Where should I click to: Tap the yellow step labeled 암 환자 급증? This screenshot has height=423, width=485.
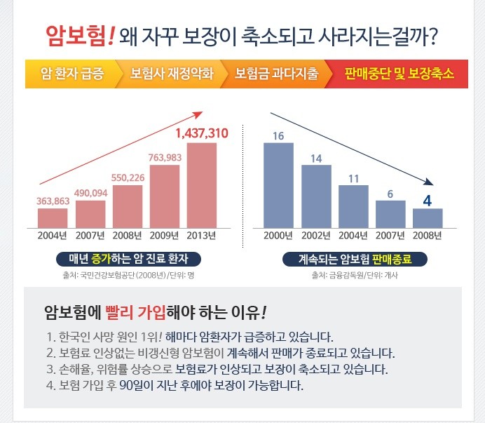[x=72, y=74]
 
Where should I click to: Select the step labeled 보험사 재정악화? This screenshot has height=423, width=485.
[x=171, y=74]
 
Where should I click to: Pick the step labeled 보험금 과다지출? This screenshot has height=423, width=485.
[x=276, y=74]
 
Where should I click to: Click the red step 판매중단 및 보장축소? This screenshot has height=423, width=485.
[x=399, y=74]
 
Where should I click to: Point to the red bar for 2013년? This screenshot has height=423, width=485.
[x=202, y=185]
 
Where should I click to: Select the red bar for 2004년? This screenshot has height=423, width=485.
[x=53, y=217]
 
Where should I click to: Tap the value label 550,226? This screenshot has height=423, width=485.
[x=128, y=177]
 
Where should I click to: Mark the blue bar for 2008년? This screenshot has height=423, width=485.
[x=428, y=218]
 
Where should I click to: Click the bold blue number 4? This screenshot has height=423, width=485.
[x=428, y=200]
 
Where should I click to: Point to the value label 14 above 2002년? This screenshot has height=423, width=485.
[x=316, y=158]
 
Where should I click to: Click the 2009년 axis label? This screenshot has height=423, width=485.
[x=165, y=235]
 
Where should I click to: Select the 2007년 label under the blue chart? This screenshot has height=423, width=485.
[x=390, y=235]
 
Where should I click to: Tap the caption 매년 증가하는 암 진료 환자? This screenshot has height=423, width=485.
[x=129, y=259]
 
